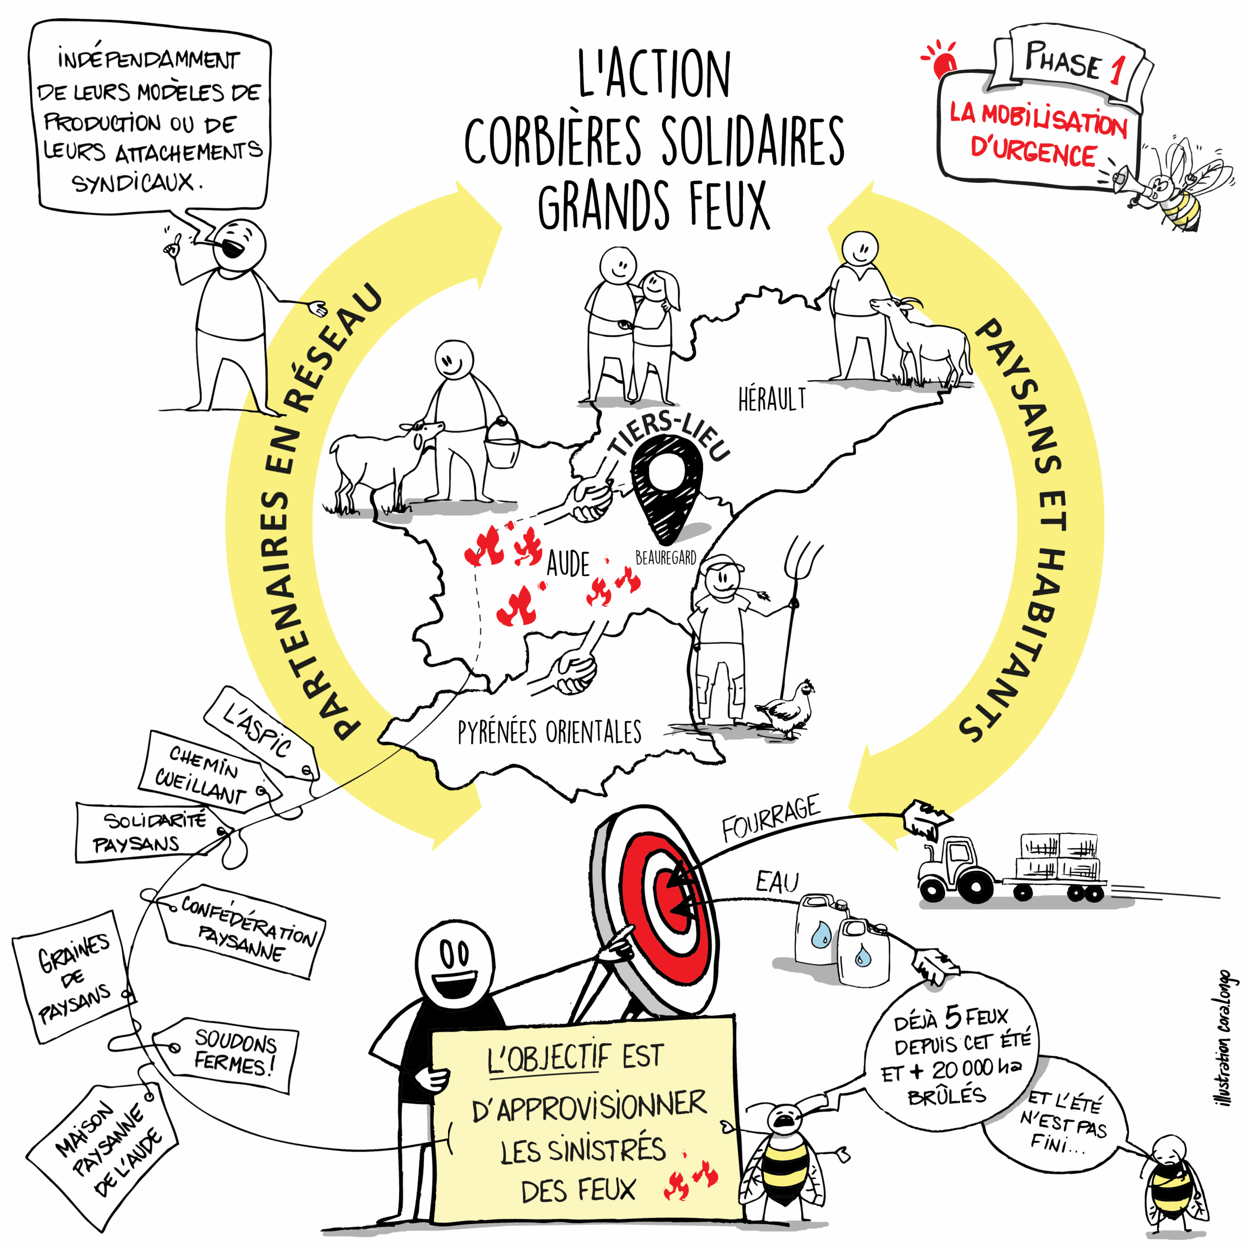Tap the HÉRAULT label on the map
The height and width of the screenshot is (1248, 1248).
(772, 399)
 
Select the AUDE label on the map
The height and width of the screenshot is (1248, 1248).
(568, 564)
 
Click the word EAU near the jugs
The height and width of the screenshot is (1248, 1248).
(778, 882)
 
